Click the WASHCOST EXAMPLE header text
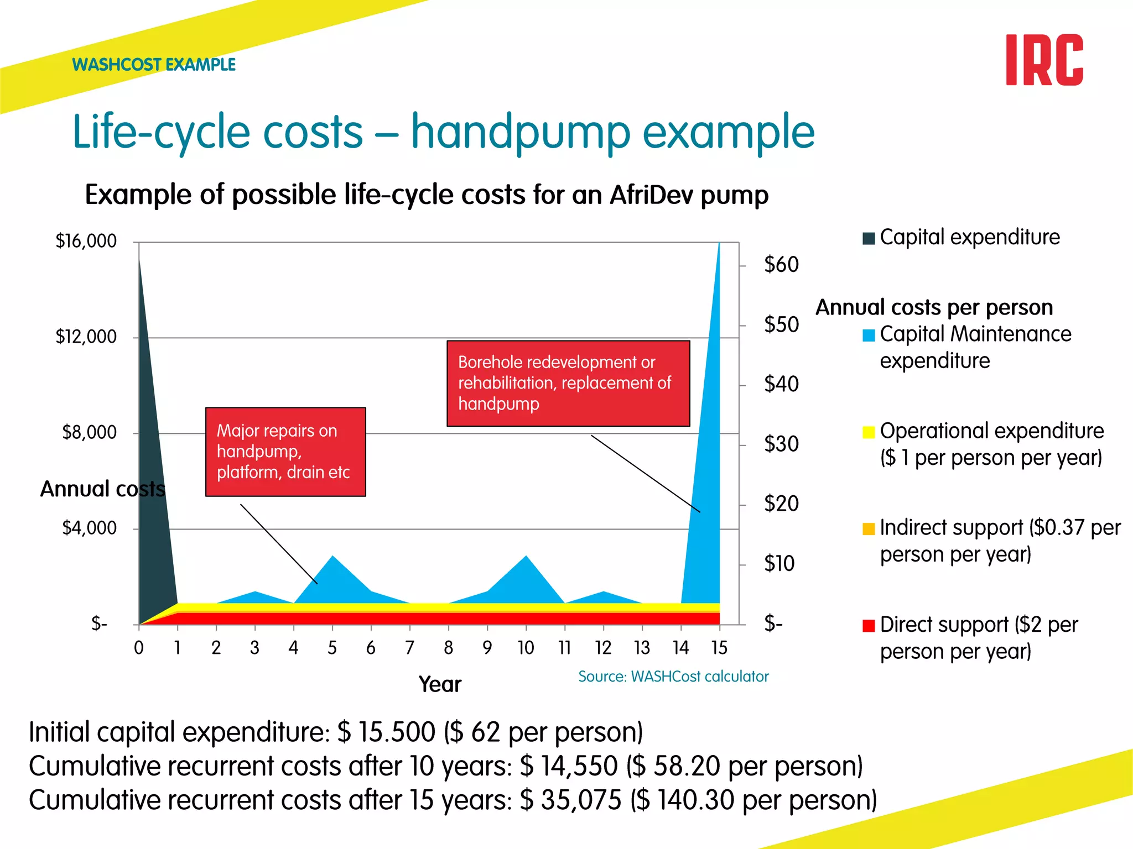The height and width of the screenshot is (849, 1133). pos(154,65)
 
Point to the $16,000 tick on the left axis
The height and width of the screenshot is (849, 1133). pos(86,242)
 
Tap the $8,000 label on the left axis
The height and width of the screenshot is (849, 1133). pos(90,432)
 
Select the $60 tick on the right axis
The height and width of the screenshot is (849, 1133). pos(781,265)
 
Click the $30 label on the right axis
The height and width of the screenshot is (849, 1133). pos(781,444)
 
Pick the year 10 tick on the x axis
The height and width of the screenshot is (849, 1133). pos(526,648)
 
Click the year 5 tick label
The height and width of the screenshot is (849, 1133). pos(332,648)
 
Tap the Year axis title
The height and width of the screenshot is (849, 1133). pos(440,684)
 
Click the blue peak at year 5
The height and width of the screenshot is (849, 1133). pos(332,575)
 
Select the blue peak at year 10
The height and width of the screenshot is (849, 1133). pos(526,575)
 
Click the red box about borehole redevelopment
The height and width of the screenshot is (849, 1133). pos(568,383)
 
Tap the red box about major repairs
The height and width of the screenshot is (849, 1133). pos(285,452)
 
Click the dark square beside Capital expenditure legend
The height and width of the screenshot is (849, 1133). pos(869,238)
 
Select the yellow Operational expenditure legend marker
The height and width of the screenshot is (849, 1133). pos(869,432)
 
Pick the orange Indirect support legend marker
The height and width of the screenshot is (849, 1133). pos(869,529)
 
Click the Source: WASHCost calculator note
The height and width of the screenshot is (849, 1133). pos(673,677)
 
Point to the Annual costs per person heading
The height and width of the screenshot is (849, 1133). pos(934,307)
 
